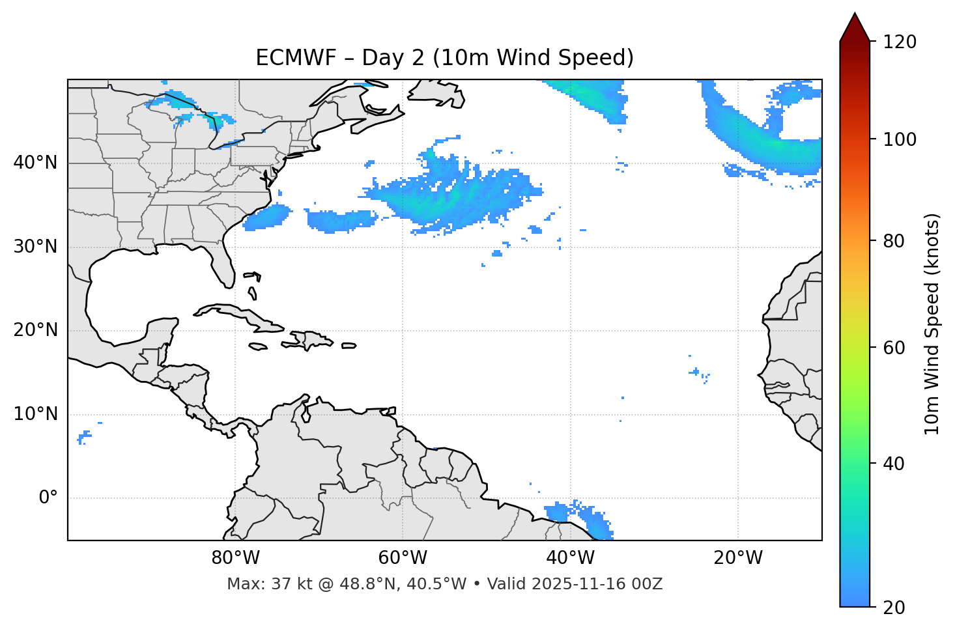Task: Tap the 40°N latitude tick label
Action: tap(35, 163)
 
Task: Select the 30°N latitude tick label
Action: tap(35, 247)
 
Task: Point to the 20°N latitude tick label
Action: tap(35, 330)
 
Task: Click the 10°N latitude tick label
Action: tap(35, 414)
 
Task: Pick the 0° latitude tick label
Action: tap(48, 498)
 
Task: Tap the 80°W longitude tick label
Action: tap(235, 558)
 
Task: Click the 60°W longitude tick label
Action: tap(402, 558)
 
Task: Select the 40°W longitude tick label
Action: tap(570, 558)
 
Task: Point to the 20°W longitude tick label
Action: tap(737, 558)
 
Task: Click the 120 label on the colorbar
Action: tap(900, 42)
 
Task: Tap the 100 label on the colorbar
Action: tap(900, 139)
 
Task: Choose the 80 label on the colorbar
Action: tap(896, 241)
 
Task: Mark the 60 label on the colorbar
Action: tap(896, 348)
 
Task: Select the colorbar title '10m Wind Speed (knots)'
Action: tap(932, 324)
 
